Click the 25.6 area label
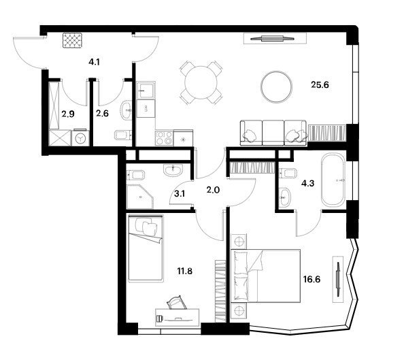(x=320, y=84)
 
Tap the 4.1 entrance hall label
(x=94, y=62)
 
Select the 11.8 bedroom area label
(x=185, y=271)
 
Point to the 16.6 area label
(x=312, y=279)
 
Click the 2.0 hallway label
(x=213, y=190)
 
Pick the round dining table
(x=201, y=82)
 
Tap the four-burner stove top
(x=164, y=138)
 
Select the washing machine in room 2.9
(x=81, y=138)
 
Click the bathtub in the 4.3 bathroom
(x=333, y=180)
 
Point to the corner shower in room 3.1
(x=140, y=197)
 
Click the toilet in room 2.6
(x=123, y=135)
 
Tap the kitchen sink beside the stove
(x=146, y=90)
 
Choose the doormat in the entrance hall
(x=72, y=40)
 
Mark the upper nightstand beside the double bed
(x=239, y=242)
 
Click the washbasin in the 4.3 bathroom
(x=284, y=197)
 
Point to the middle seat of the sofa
(x=273, y=133)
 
